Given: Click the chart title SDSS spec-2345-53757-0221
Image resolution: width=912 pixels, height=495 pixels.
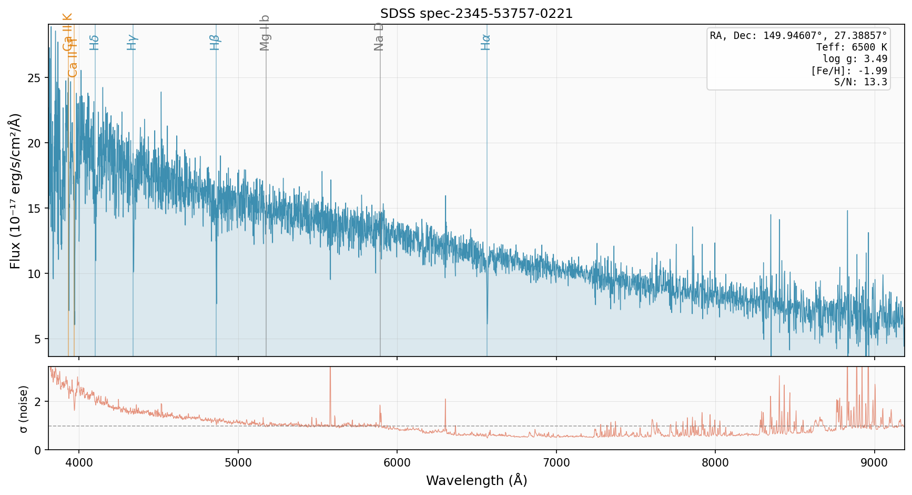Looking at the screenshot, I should pos(477,14).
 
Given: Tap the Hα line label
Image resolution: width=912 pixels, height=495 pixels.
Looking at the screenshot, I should pos(485,42).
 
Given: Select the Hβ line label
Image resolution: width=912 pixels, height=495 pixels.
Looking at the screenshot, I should pos(215,42).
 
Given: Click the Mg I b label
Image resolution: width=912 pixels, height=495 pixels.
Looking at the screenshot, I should pos(265,33).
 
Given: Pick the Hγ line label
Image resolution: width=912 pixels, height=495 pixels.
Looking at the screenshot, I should pos(132,42).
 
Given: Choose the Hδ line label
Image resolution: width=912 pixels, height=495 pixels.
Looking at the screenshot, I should pos(94,42).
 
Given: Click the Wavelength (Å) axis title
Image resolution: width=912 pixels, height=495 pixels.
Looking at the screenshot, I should pos(477,481).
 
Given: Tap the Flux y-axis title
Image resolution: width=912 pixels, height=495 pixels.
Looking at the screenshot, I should pos(15,191).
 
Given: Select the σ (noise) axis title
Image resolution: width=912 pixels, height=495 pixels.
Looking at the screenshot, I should pos(23,409).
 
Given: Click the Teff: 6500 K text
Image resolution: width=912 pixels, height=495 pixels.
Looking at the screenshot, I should pos(852,47).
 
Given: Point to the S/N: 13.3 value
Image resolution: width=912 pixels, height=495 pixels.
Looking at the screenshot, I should pos(860,82).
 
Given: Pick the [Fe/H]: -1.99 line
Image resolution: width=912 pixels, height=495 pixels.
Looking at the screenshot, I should pos(849,71).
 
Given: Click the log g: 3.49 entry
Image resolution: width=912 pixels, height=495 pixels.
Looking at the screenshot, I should pos(855,59).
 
